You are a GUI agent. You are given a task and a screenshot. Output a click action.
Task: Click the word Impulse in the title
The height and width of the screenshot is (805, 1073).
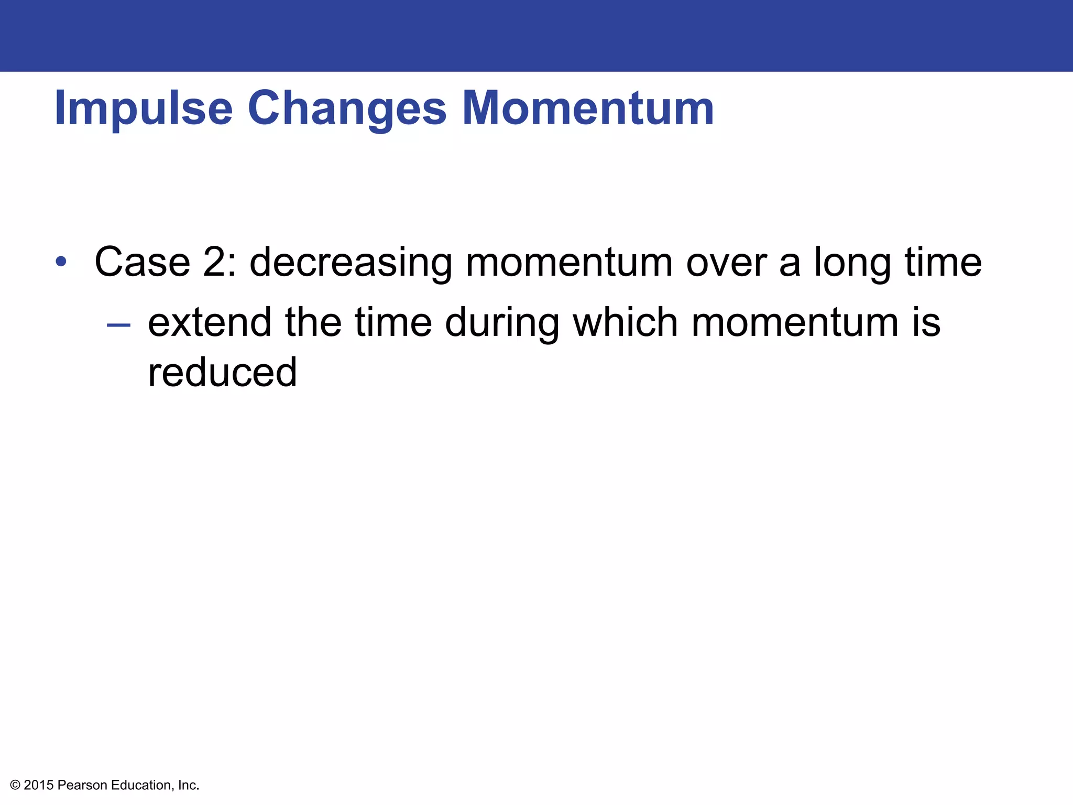(143, 108)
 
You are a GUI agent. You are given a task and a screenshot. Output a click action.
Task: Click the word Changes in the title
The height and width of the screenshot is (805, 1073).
(347, 108)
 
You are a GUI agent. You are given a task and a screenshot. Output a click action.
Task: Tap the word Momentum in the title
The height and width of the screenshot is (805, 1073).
(587, 108)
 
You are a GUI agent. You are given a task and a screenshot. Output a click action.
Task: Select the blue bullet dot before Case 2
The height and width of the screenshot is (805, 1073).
(61, 261)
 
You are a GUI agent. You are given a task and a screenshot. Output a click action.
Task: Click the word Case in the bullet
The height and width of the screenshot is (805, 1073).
(142, 262)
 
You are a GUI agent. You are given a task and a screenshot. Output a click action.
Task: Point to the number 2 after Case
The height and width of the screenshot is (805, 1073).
(214, 262)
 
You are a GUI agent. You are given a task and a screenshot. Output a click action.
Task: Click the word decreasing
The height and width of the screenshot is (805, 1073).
(351, 263)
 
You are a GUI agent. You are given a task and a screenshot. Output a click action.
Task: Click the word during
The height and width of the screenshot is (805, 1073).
(502, 323)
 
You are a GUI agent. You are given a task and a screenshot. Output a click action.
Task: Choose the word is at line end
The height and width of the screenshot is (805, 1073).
(926, 322)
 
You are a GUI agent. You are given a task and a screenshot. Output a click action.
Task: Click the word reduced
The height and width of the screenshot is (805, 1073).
(222, 372)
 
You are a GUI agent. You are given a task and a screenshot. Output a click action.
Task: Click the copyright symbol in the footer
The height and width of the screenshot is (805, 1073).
(15, 785)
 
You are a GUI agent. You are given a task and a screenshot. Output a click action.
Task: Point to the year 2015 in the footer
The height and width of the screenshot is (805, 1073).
(39, 785)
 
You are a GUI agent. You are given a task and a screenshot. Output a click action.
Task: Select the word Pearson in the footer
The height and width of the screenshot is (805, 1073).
(82, 785)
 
